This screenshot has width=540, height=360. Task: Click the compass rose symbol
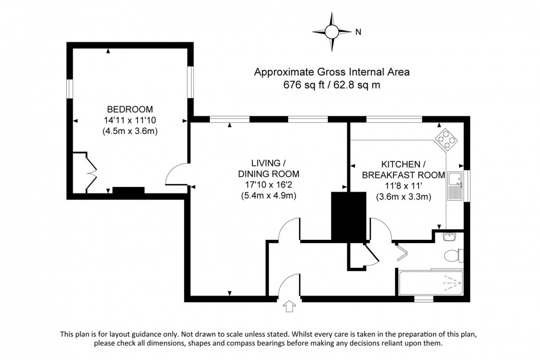pyautogui.click(x=332, y=32)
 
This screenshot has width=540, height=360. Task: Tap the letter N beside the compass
pyautogui.click(x=358, y=32)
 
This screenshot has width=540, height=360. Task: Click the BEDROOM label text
pyautogui.click(x=130, y=109)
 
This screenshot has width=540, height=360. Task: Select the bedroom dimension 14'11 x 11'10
pyautogui.click(x=130, y=120)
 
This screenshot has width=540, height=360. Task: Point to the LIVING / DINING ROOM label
pyautogui.click(x=268, y=169)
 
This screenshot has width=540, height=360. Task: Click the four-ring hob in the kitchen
pyautogui.click(x=447, y=139)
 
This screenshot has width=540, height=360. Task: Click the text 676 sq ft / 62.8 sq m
pyautogui.click(x=332, y=85)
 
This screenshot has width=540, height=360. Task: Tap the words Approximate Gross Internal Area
pyautogui.click(x=332, y=72)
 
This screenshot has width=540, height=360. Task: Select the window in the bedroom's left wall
pyautogui.click(x=70, y=88)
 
